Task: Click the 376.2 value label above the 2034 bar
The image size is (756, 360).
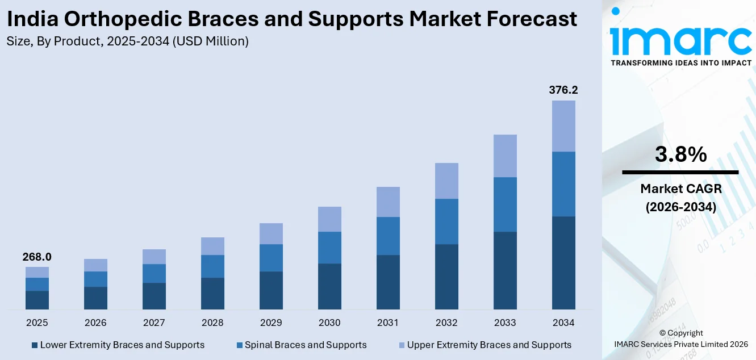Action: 563,90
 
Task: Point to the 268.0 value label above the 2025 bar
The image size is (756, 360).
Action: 37,257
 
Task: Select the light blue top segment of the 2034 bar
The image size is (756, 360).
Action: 563,126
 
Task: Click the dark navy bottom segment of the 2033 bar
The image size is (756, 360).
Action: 505,270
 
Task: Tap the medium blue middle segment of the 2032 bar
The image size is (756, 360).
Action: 446,221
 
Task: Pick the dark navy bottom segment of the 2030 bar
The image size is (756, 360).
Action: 329,286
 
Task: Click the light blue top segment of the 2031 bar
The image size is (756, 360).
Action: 388,202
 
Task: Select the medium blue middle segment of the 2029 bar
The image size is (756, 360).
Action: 271,258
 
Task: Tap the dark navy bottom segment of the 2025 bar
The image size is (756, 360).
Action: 37,300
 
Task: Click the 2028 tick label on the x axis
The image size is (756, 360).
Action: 212,323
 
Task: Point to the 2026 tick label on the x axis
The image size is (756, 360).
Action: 95,323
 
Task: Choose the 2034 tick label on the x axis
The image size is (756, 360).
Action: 563,323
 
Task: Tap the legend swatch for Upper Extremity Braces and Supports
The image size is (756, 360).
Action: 402,345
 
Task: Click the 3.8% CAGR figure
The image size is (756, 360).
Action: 680,154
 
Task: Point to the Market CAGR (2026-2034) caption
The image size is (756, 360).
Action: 680,198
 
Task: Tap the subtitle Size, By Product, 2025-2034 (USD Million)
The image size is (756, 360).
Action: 128,41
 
